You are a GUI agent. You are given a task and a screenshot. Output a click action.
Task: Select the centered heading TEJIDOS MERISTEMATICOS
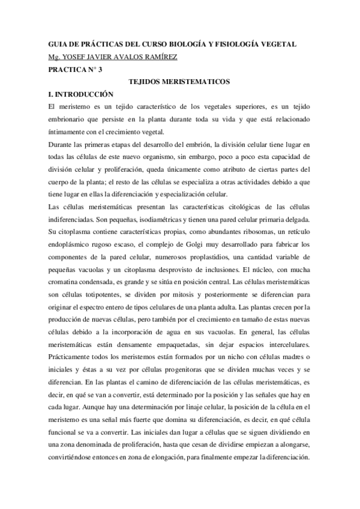point(180,82)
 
